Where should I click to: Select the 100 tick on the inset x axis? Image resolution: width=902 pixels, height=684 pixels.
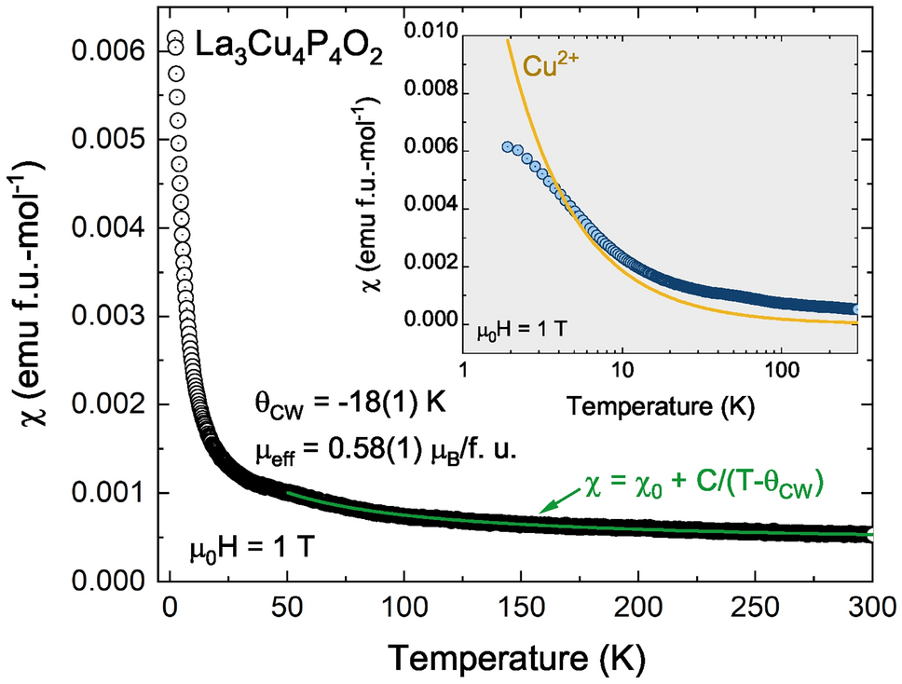click(x=781, y=371)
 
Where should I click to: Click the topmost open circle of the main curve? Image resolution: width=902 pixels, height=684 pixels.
click(x=174, y=39)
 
